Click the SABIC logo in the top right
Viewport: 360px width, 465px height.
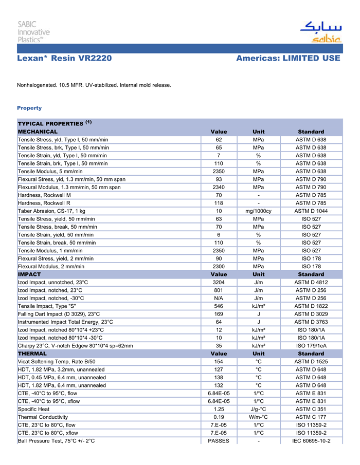pos(320,32)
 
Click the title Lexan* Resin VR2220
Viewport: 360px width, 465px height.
pos(64,58)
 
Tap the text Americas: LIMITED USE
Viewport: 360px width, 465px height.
pos(288,58)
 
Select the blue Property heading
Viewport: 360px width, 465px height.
pos(29,108)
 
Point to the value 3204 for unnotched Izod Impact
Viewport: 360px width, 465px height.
pos(219,282)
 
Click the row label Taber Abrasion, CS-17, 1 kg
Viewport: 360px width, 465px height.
pos(51,211)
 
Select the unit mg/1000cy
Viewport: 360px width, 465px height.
pos(259,211)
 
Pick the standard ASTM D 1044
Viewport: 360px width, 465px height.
pos(311,211)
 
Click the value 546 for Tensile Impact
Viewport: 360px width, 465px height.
pos(219,306)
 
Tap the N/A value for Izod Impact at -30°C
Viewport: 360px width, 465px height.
pos(219,298)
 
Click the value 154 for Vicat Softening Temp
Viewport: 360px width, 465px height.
pos(219,362)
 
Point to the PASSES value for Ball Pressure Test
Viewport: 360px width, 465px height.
pos(219,441)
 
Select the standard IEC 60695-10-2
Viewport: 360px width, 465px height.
pos(311,441)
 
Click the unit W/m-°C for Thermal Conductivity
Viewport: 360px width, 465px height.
pos(259,417)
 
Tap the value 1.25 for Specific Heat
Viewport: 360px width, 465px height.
pos(219,409)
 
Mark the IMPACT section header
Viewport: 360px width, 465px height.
pos(29,274)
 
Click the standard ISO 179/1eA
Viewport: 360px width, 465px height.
pos(311,346)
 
